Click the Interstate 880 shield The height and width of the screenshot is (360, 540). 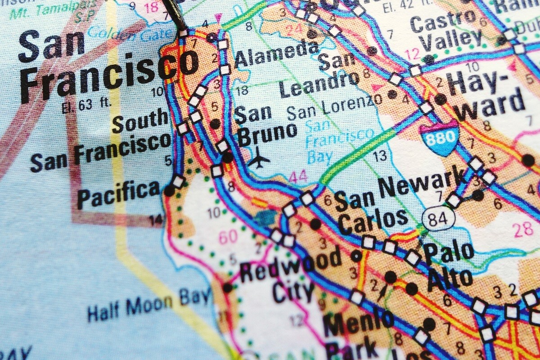pyautogui.click(x=440, y=139)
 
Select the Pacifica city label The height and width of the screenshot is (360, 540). pyautogui.click(x=119, y=193)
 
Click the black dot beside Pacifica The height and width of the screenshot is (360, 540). pyautogui.click(x=169, y=191)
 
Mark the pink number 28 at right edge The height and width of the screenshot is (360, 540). pyautogui.click(x=523, y=229)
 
